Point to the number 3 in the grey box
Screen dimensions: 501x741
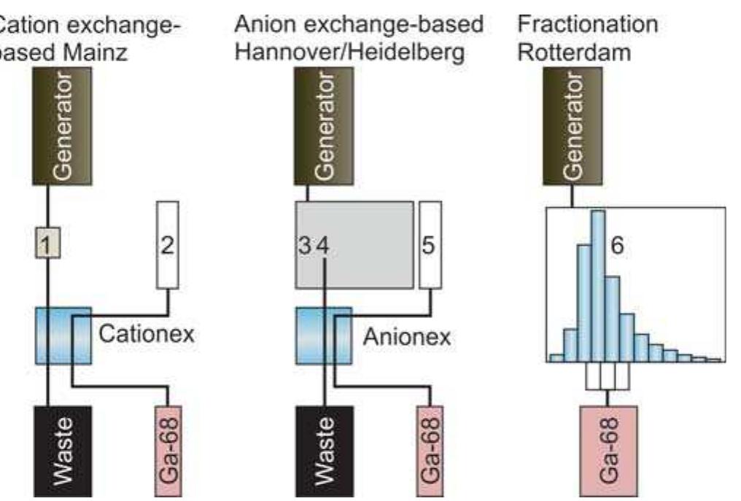coord(305,246)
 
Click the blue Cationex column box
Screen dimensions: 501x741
coord(63,335)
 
